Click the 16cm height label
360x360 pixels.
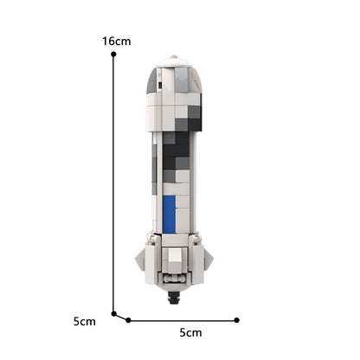click(x=116, y=41)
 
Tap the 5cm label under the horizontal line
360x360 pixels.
click(x=190, y=332)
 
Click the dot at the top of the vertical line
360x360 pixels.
click(x=113, y=55)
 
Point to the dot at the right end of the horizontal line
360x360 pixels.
click(x=237, y=319)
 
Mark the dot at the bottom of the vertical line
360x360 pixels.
click(x=113, y=313)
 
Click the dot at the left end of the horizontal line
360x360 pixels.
click(x=128, y=319)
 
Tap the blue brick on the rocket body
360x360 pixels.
click(x=169, y=214)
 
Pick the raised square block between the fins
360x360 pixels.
click(x=176, y=256)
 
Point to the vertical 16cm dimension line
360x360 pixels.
click(x=113, y=182)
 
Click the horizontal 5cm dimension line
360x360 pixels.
click(x=183, y=319)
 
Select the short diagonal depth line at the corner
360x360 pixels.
click(x=121, y=317)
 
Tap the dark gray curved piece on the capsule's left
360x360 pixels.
click(x=152, y=81)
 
